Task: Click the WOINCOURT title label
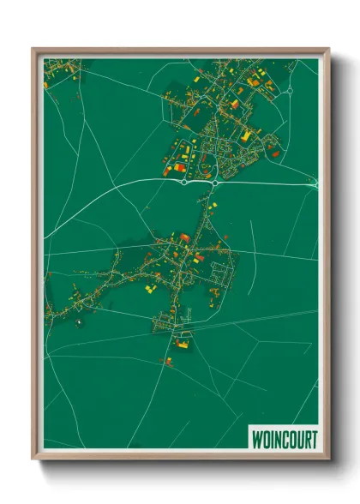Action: click(282, 438)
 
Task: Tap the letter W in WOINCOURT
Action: click(255, 438)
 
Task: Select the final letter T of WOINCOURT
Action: click(311, 438)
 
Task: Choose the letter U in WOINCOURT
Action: click(297, 438)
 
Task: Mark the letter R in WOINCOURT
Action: click(304, 438)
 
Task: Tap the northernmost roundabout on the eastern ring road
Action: click(291, 88)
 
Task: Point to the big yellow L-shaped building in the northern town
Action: click(246, 135)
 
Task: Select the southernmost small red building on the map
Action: click(168, 362)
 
